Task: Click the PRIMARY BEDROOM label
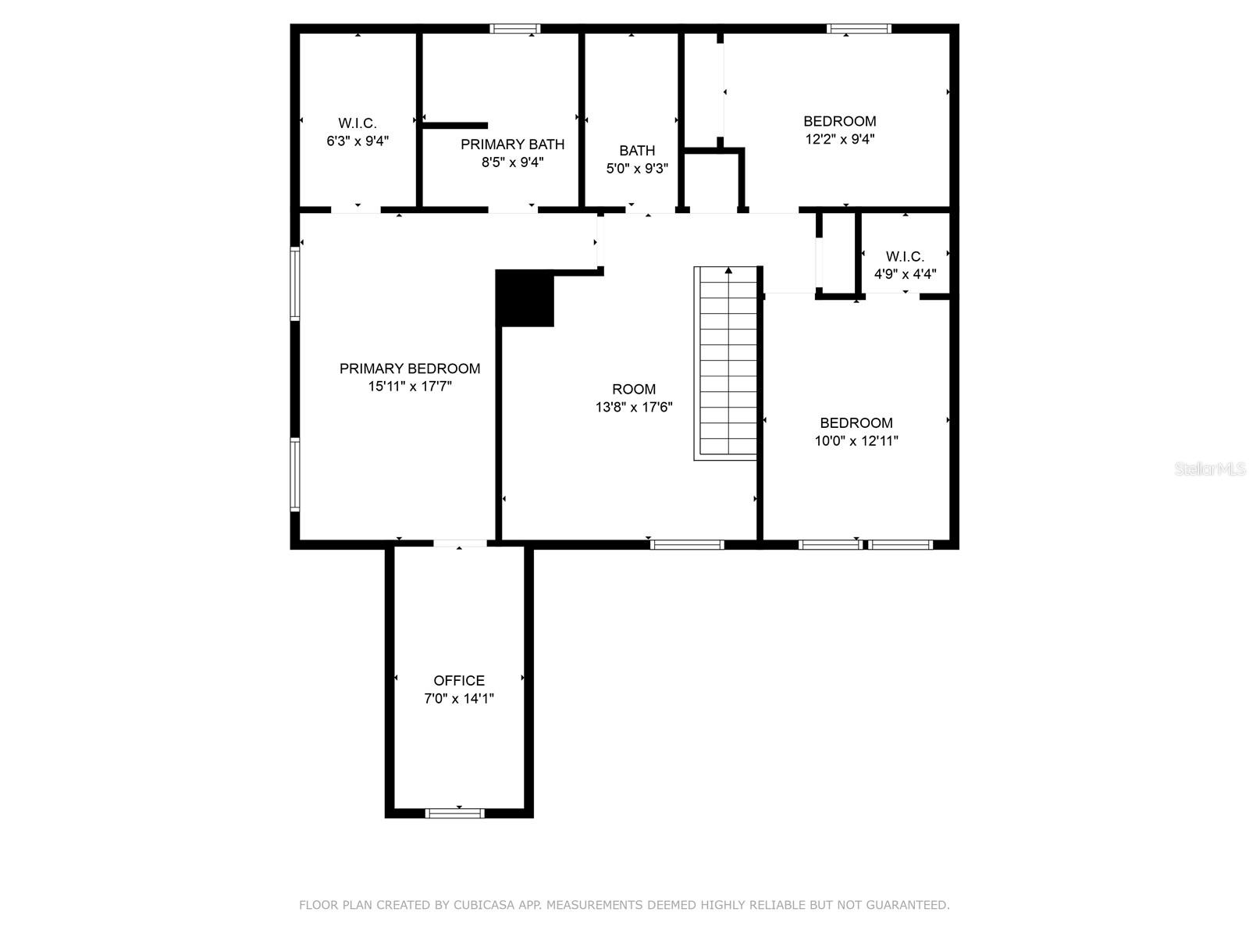(x=410, y=369)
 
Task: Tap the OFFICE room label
(x=459, y=681)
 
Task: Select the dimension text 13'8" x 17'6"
(x=634, y=407)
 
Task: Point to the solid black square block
(x=525, y=298)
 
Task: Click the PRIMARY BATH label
(x=512, y=144)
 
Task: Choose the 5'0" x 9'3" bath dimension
(x=637, y=168)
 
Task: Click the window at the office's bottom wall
(x=454, y=813)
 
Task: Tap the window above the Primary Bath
(x=515, y=29)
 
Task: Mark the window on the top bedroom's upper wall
(x=859, y=29)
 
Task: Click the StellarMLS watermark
(x=1211, y=469)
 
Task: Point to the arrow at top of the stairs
(x=728, y=271)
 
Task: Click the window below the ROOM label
(x=687, y=544)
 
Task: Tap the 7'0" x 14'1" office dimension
(x=459, y=699)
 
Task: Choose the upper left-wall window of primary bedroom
(x=295, y=283)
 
